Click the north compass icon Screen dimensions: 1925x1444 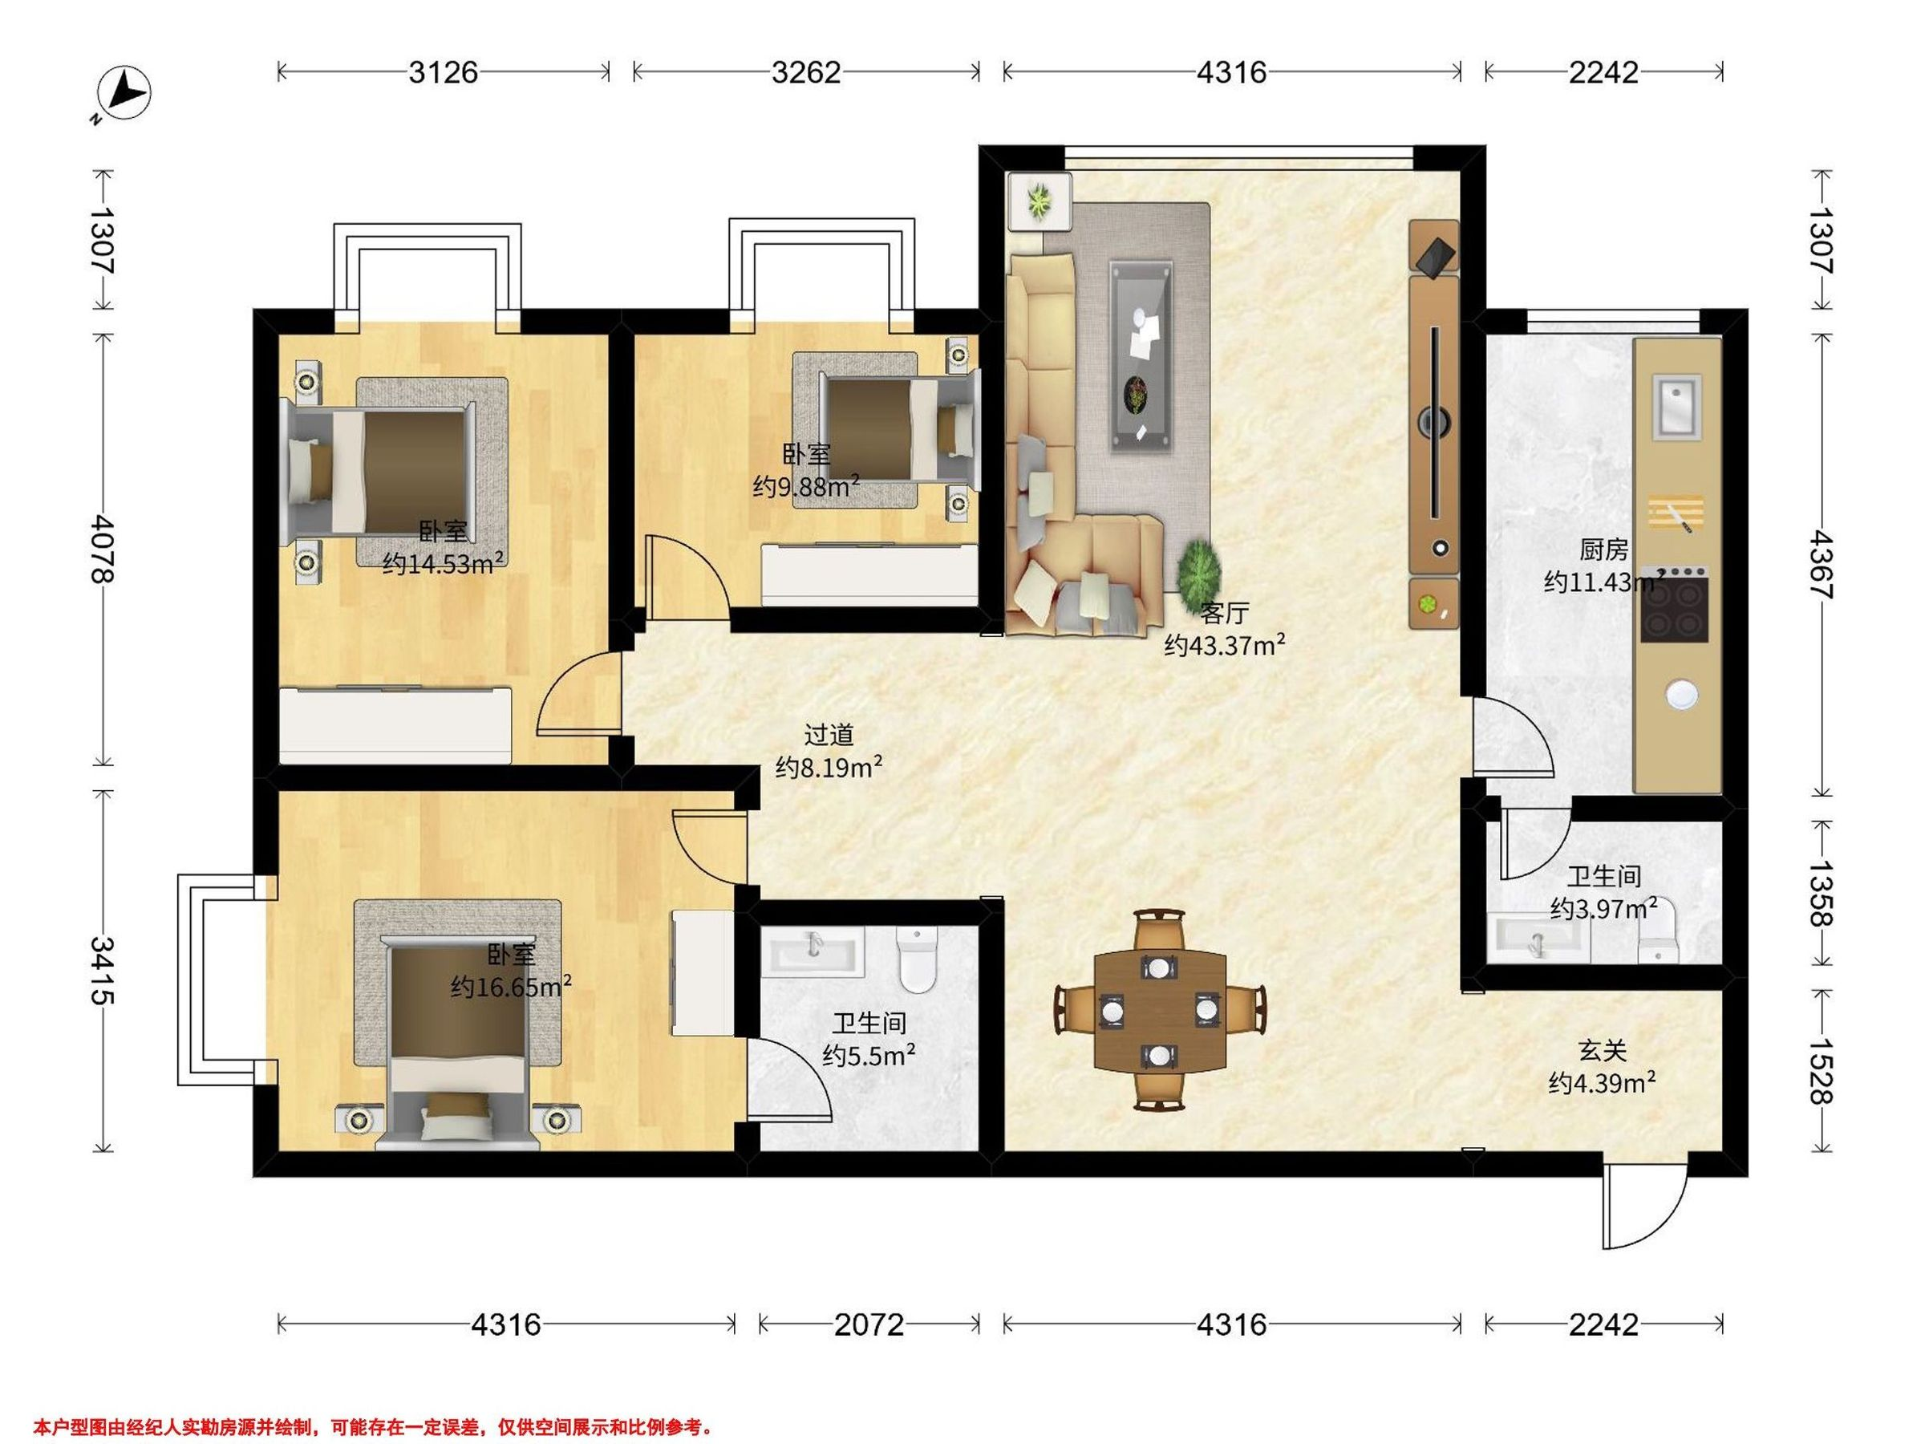124,93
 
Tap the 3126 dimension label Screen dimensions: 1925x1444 443,72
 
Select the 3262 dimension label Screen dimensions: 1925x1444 806,72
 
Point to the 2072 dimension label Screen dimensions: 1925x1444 869,1324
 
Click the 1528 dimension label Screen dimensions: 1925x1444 1822,1071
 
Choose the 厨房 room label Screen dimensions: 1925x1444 1604,550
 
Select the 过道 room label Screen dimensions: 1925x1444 829,735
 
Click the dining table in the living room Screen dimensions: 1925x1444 1160,1010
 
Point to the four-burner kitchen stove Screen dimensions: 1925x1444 1673,604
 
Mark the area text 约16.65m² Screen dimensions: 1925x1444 511,987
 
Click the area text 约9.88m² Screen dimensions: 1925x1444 806,485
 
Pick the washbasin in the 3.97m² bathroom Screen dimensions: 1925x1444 1538,938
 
